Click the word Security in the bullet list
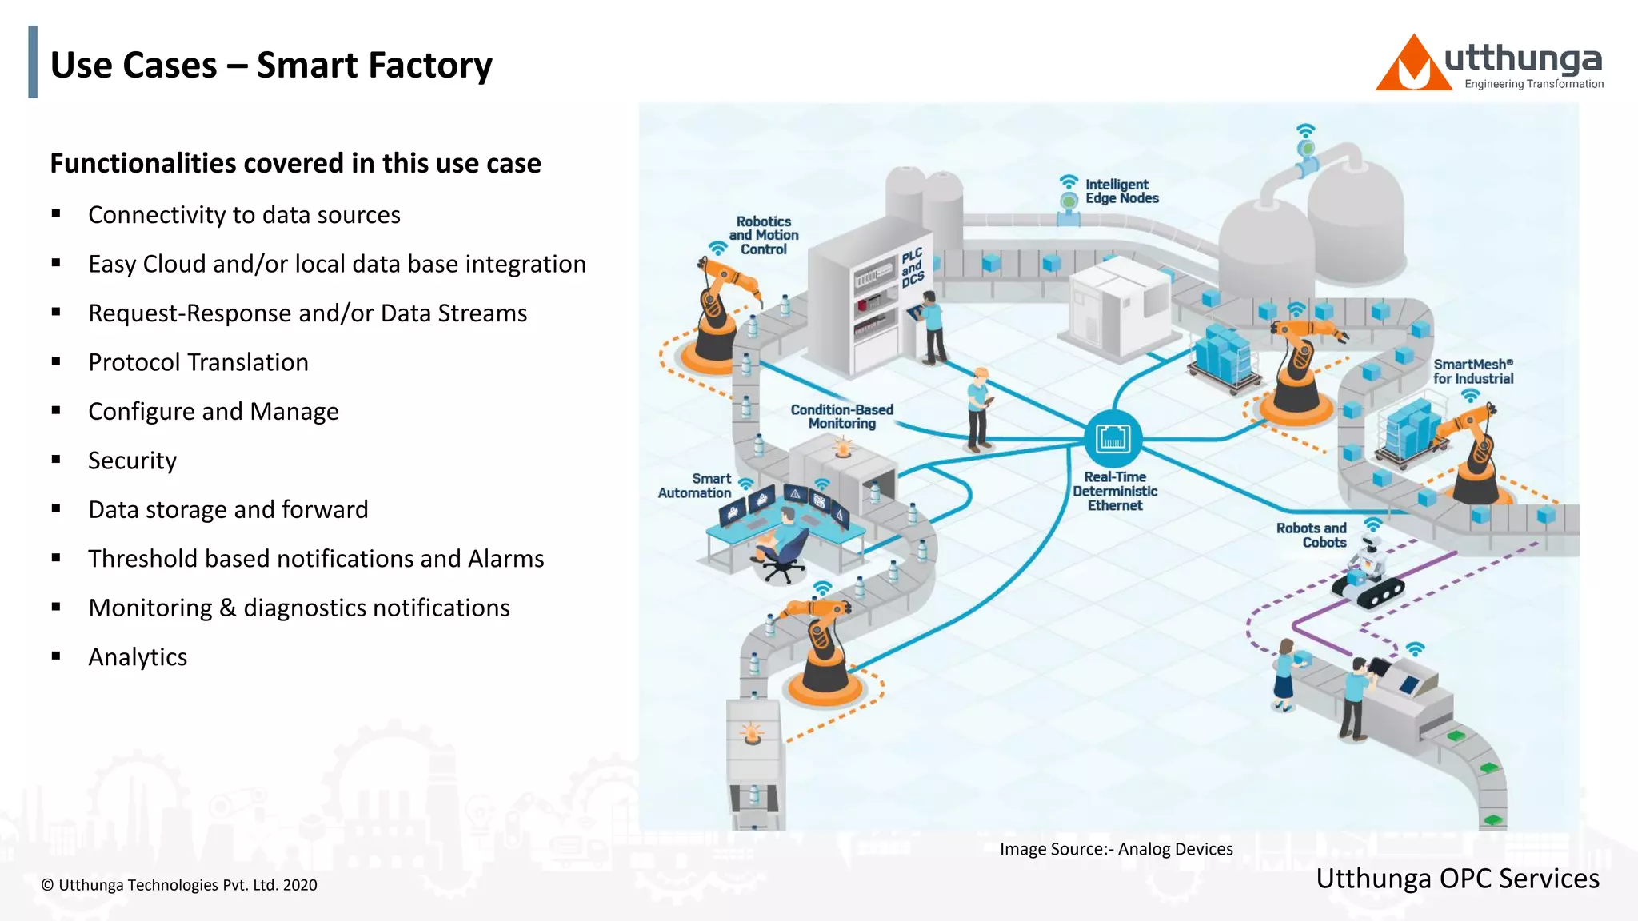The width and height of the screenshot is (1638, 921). pos(132,460)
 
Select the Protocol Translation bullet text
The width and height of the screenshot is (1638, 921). pos(198,362)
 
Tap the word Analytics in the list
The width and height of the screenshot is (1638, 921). pos(138,657)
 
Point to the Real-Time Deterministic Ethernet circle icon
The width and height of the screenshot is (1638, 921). pos(1113,438)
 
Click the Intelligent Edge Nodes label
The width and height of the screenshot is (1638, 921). pos(1121,191)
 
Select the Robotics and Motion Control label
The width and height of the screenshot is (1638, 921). pos(763,235)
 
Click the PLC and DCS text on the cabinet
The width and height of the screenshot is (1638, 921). pos(913,268)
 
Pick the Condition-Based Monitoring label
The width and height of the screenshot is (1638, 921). pos(841,416)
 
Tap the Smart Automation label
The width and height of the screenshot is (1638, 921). pos(694,486)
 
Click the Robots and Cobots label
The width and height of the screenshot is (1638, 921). pos(1312,535)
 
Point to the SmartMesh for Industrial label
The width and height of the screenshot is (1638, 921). pos(1472,372)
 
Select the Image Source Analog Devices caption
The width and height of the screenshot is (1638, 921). pos(1116,849)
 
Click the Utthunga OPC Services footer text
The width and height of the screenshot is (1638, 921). pos(1457,879)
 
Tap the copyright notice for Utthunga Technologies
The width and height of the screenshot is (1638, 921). pos(179,885)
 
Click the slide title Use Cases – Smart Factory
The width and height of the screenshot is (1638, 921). pos(271,65)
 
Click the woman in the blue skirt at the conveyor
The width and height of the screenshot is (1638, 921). pos(1284,675)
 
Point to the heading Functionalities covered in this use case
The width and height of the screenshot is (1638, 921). pos(295,163)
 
